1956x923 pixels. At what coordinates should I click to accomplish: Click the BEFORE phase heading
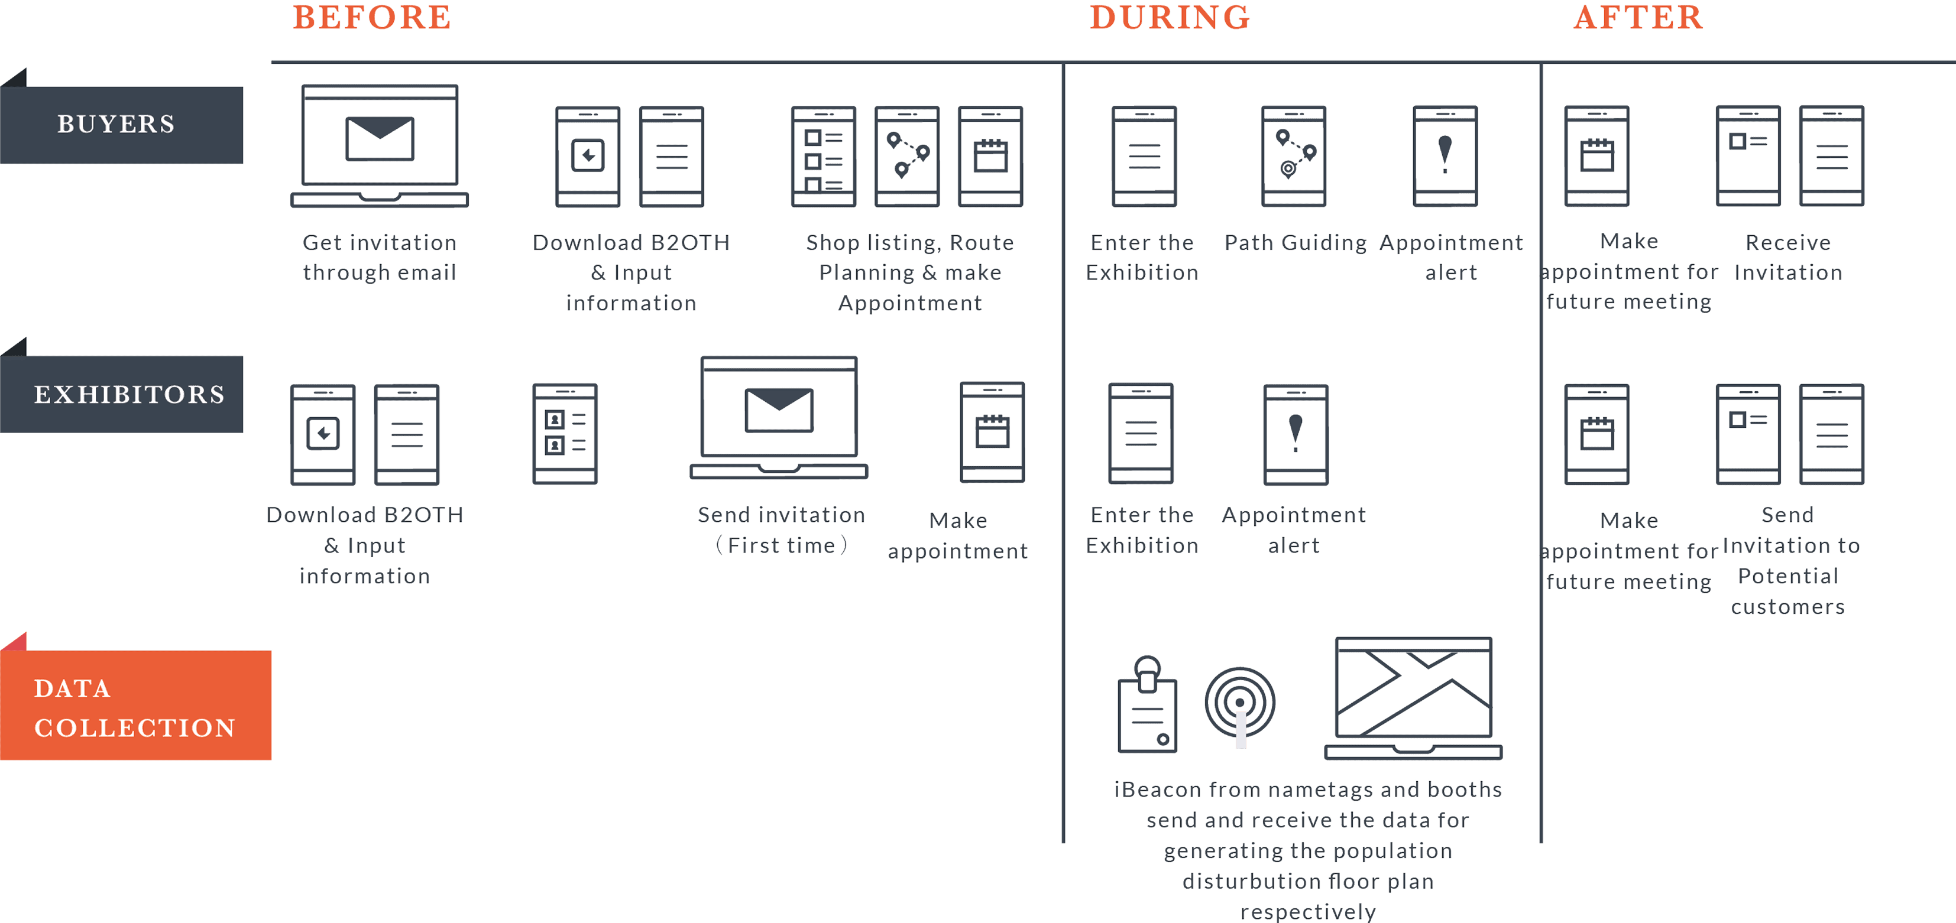coord(371,18)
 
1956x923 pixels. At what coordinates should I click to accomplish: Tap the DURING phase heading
coord(1170,18)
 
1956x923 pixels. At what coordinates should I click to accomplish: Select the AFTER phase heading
coord(1638,18)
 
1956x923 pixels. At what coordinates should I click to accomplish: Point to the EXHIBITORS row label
coord(129,395)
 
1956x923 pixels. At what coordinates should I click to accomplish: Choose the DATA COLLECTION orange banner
coord(135,707)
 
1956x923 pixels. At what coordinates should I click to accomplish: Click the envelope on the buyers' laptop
coord(380,138)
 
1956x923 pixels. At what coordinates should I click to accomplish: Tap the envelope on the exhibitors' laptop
coord(779,410)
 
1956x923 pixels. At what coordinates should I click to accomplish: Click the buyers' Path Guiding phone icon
coord(1294,157)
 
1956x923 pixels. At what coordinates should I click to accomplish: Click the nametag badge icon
coord(1147,706)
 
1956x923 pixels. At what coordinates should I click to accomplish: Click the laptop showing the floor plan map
coord(1414,698)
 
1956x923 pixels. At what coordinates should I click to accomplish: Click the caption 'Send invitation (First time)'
coord(781,530)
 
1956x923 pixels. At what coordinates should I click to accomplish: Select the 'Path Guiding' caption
coord(1294,243)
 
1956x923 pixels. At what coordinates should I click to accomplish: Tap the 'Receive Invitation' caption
coord(1788,257)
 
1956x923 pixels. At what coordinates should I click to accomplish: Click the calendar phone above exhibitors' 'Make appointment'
coord(992,433)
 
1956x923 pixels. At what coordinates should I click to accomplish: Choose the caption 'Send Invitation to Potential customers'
coord(1788,560)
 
